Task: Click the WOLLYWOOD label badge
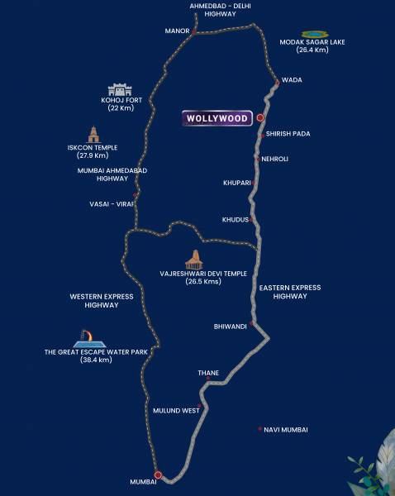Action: click(217, 119)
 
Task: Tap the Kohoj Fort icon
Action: click(120, 89)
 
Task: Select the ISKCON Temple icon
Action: click(93, 135)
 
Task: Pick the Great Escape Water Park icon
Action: click(89, 338)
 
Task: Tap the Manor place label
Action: click(178, 31)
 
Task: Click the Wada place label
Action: click(292, 80)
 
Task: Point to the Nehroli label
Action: click(274, 159)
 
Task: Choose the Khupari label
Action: click(236, 183)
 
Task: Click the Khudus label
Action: click(235, 219)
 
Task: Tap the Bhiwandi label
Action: click(231, 327)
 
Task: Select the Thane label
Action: click(208, 373)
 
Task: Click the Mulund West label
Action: click(176, 410)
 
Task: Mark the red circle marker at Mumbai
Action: click(157, 475)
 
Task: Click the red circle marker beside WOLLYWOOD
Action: click(259, 118)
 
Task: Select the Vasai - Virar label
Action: click(112, 203)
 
